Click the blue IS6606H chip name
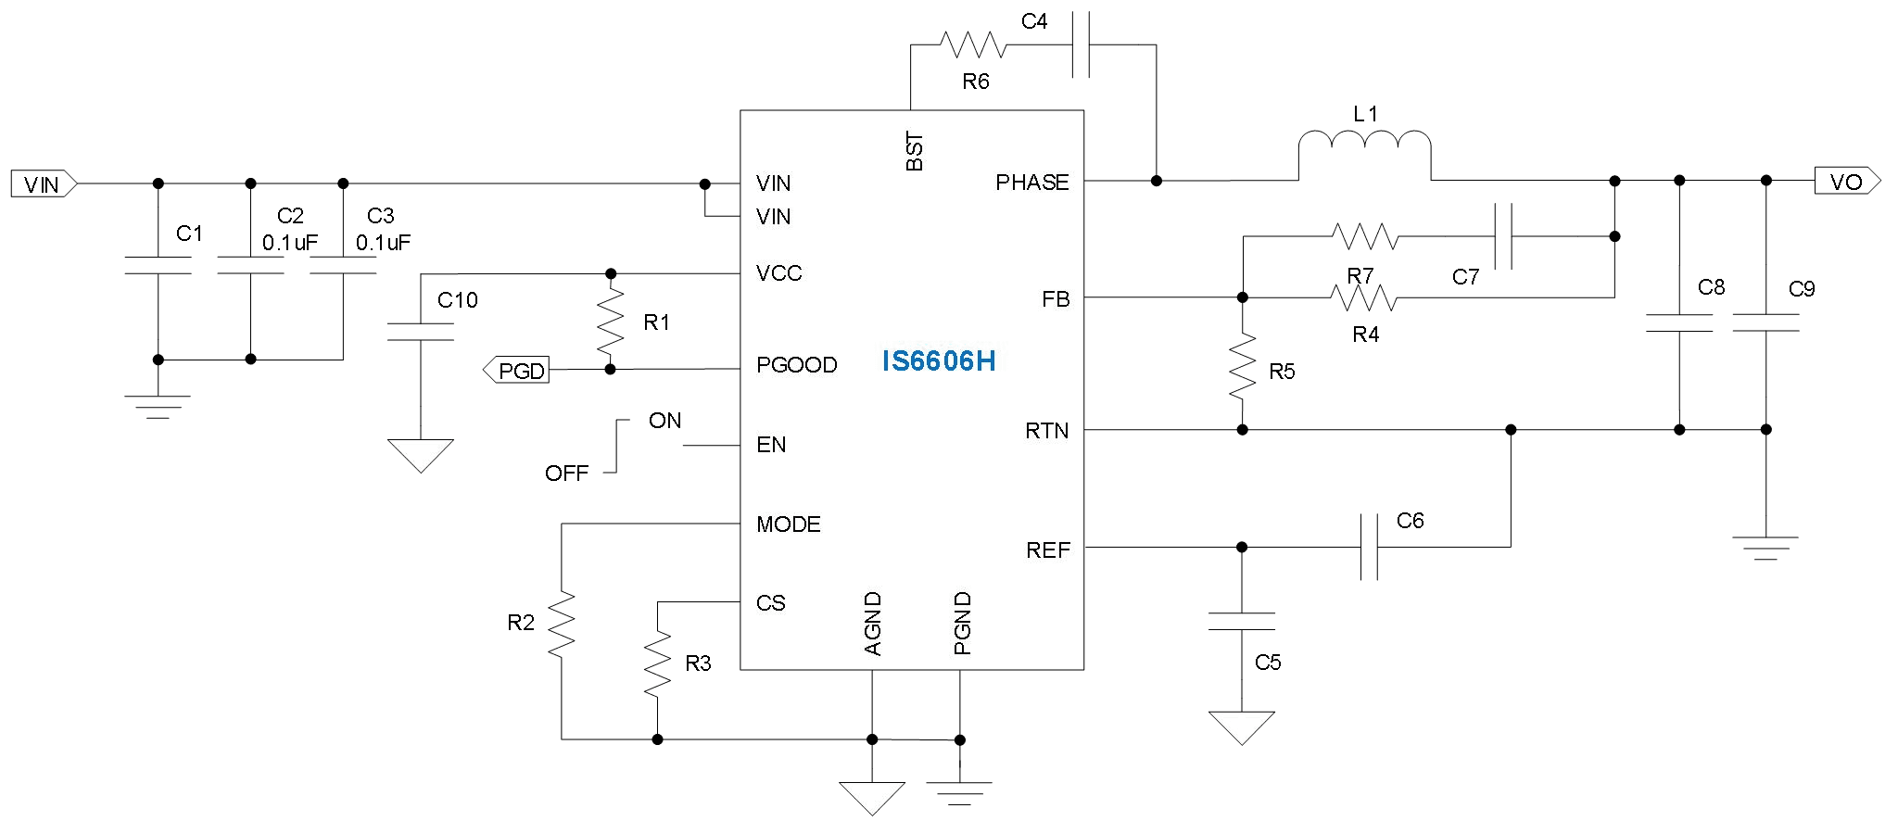(938, 361)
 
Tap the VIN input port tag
(43, 184)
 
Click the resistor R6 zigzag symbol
(972, 44)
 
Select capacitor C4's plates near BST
(1080, 44)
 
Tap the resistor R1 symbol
(610, 322)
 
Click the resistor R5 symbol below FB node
(1242, 368)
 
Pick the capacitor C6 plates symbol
(1369, 547)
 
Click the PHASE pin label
(1031, 183)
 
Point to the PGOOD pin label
(796, 365)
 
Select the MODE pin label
(788, 524)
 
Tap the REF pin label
(1047, 550)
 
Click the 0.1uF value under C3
(383, 243)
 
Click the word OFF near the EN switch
(566, 474)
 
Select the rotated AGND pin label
(872, 625)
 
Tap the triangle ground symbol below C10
(420, 455)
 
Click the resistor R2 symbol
(561, 624)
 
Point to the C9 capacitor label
(1801, 289)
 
